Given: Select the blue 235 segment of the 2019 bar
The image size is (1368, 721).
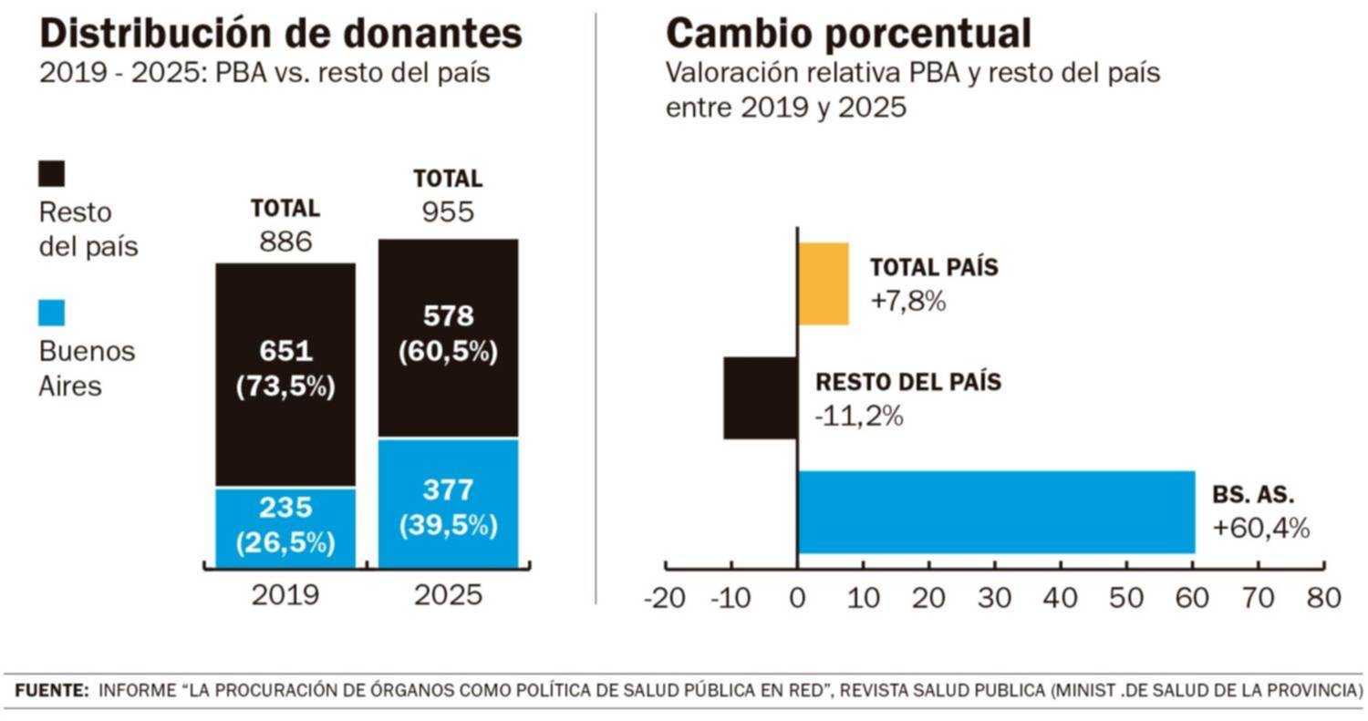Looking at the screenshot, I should (x=285, y=529).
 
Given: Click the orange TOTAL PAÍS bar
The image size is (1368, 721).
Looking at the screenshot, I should (x=824, y=283).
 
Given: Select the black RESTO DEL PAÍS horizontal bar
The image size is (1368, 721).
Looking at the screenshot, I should (x=761, y=397).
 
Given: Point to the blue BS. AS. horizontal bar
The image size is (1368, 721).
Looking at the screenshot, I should (x=996, y=511).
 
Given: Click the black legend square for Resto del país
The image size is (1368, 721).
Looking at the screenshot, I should (x=52, y=174).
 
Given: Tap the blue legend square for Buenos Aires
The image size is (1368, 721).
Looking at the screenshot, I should (x=52, y=314).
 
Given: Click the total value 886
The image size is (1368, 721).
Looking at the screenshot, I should (x=285, y=242).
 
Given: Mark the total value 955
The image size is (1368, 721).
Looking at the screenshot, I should (x=448, y=211).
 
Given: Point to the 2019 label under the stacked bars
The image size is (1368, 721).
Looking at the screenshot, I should (x=285, y=595).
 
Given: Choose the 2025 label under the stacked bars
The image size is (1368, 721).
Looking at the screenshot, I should (x=448, y=595).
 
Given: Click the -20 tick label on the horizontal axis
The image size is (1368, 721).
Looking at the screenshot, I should (x=664, y=598).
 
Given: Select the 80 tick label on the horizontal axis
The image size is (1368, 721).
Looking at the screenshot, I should (x=1324, y=598).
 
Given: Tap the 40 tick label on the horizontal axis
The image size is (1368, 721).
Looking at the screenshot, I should (x=1061, y=598).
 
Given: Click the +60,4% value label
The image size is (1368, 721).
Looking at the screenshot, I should (x=1261, y=527).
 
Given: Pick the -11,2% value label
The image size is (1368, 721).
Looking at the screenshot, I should (x=858, y=416).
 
